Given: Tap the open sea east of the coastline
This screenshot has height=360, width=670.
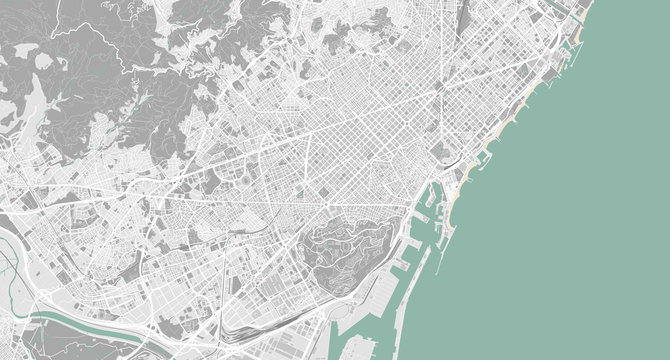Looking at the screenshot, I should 580,200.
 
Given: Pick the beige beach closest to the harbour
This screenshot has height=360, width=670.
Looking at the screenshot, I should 453,205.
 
